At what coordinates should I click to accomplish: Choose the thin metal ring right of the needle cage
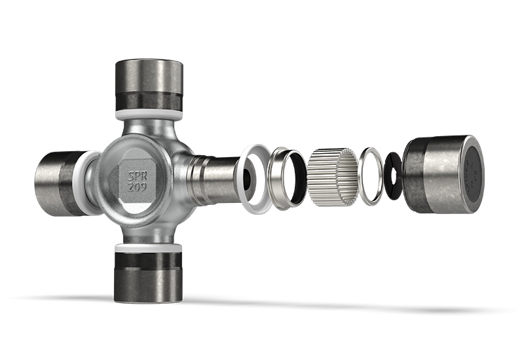click(x=371, y=175)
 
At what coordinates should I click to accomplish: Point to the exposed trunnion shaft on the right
click(x=216, y=179)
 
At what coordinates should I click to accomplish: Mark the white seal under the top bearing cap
click(x=149, y=114)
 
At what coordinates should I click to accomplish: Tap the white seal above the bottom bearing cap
click(x=147, y=248)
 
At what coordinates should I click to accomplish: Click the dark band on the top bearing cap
click(x=149, y=101)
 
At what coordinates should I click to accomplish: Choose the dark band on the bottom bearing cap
click(x=147, y=261)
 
